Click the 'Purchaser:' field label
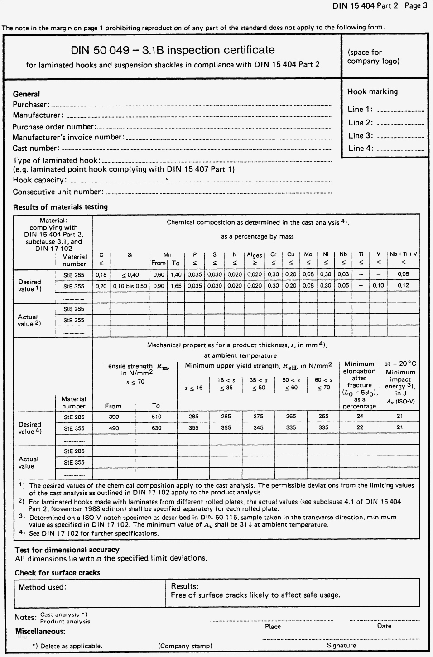click(x=31, y=105)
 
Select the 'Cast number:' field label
click(x=36, y=148)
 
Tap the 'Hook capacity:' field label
click(x=39, y=180)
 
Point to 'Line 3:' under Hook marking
click(x=361, y=135)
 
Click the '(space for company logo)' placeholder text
click(x=373, y=57)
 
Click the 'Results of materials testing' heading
click(x=60, y=207)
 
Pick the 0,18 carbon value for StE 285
click(x=101, y=274)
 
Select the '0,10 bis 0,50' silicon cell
click(x=130, y=286)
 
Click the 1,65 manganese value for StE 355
click(x=176, y=286)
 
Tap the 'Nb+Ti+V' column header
click(x=403, y=254)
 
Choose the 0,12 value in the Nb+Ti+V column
click(x=403, y=285)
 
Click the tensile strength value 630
click(x=156, y=428)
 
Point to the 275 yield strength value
click(x=258, y=417)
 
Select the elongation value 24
click(x=360, y=416)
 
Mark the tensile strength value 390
click(x=114, y=417)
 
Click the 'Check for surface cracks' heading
click(x=58, y=573)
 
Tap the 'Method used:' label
click(x=43, y=587)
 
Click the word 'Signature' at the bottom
click(x=341, y=645)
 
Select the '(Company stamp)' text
click(x=185, y=646)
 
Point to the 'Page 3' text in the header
click(x=416, y=6)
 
